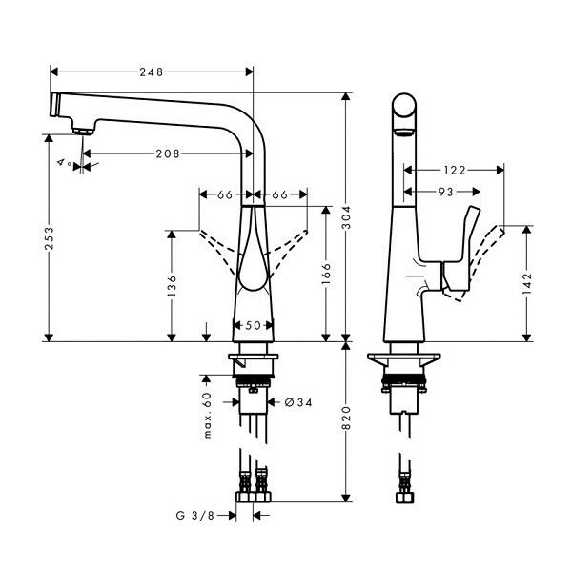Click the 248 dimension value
pos(151,71)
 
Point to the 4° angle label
pos(65,164)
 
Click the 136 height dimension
pos(172,286)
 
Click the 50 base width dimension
pos(253,325)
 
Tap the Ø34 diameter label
pos(297,402)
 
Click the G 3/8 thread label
pos(195,515)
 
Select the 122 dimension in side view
pos(454,171)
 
